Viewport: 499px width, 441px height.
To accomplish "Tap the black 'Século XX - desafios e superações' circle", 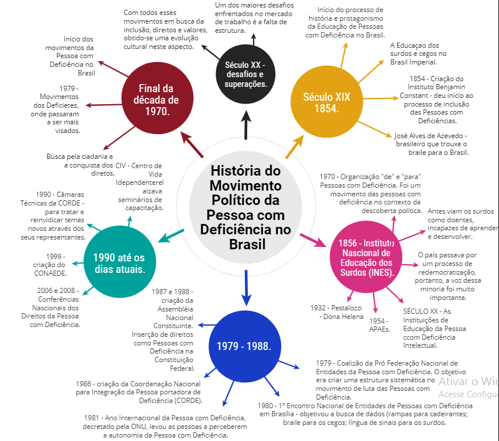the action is [246, 74].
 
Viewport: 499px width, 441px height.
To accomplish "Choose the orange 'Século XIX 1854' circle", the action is [327, 102].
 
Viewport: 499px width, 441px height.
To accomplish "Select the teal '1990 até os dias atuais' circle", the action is [119, 263].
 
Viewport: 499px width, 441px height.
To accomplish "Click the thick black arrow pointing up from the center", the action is [247, 125].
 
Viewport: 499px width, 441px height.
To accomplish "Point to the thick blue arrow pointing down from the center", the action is [246, 288].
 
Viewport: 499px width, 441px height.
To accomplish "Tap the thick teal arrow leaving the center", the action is [170, 236].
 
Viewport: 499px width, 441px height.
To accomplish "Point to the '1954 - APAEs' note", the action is [379, 325].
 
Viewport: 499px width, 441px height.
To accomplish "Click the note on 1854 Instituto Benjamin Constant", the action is [438, 100].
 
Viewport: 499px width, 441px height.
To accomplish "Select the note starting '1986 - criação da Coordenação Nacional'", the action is [138, 392].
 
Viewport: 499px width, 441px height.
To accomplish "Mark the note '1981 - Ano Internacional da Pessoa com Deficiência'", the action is [165, 426].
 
